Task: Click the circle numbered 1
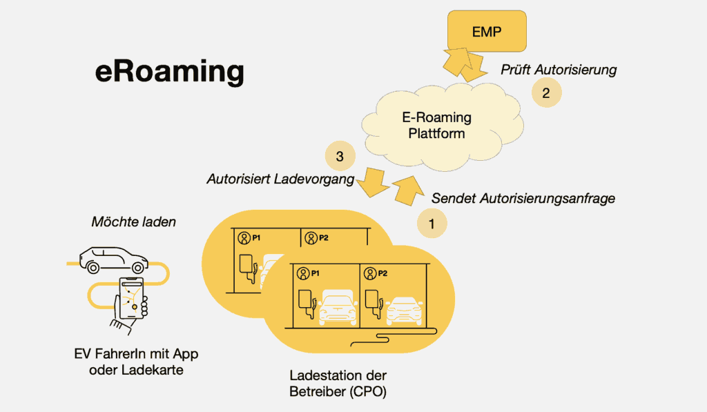(432, 224)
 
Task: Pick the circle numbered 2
(545, 94)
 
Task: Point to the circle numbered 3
(340, 157)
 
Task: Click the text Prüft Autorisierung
(558, 70)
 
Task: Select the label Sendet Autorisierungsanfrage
(523, 199)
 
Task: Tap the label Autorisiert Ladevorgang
(280, 179)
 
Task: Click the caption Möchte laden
(133, 222)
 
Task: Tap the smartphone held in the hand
(131, 297)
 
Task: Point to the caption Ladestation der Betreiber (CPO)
(338, 384)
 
